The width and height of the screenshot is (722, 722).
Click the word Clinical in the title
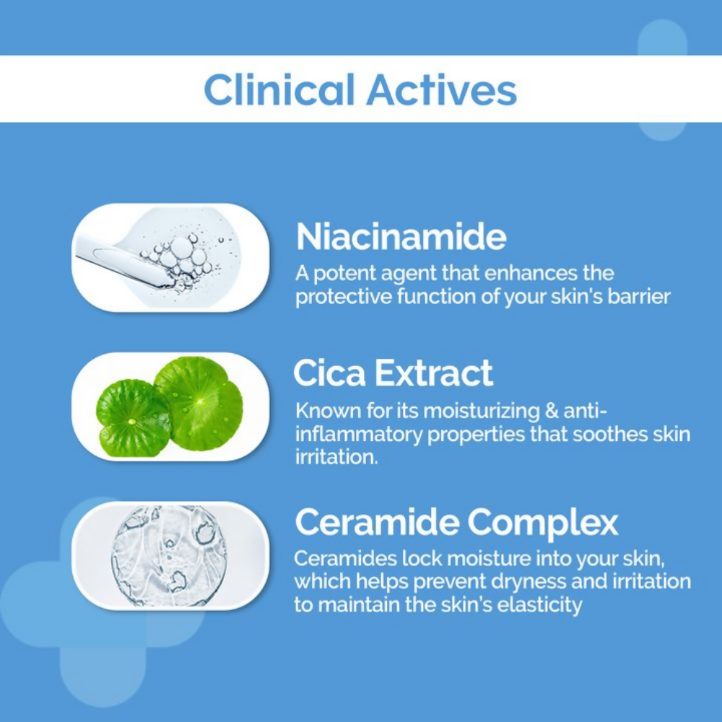point(279,90)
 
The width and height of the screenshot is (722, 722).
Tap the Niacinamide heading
point(401,237)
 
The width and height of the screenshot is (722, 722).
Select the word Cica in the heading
point(329,373)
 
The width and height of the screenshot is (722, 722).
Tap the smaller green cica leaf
point(134,417)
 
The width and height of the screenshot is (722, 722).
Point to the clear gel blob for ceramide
point(169,556)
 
